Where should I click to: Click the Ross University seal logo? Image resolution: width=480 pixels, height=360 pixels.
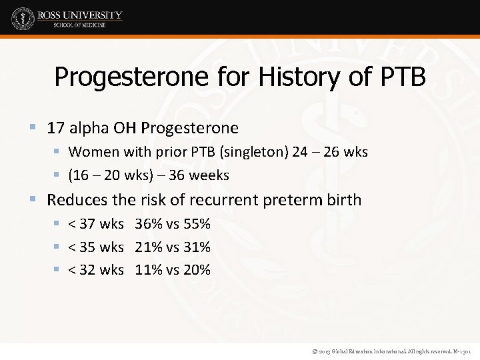[x=23, y=18]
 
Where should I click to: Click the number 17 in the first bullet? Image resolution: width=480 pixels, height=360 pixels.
[x=55, y=127]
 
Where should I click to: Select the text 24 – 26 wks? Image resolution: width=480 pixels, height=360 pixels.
[x=330, y=152]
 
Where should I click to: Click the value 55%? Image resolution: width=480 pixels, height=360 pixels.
[x=196, y=223]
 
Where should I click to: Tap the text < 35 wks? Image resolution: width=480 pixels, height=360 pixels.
[x=96, y=247]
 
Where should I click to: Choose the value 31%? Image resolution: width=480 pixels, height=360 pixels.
[x=196, y=247]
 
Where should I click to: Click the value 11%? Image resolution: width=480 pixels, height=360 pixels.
[x=149, y=270]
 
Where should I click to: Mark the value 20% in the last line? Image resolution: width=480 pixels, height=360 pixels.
[x=196, y=270]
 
